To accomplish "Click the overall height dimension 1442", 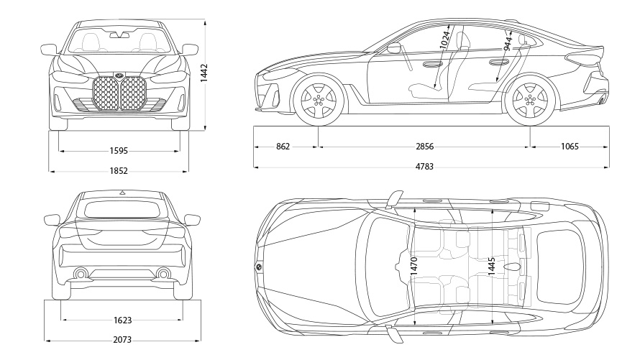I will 204,73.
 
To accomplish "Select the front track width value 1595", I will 119,151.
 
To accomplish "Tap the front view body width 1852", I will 119,171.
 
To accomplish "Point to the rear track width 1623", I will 122,320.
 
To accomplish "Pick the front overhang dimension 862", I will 283,147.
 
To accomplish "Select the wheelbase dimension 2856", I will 425,147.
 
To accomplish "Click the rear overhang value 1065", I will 570,147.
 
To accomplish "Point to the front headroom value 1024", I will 446,40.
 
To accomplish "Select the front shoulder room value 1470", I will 413,264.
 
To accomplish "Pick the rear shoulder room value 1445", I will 491,264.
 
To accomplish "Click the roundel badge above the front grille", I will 119,75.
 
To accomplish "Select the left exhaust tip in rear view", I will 81,273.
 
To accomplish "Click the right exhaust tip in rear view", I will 163,273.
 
